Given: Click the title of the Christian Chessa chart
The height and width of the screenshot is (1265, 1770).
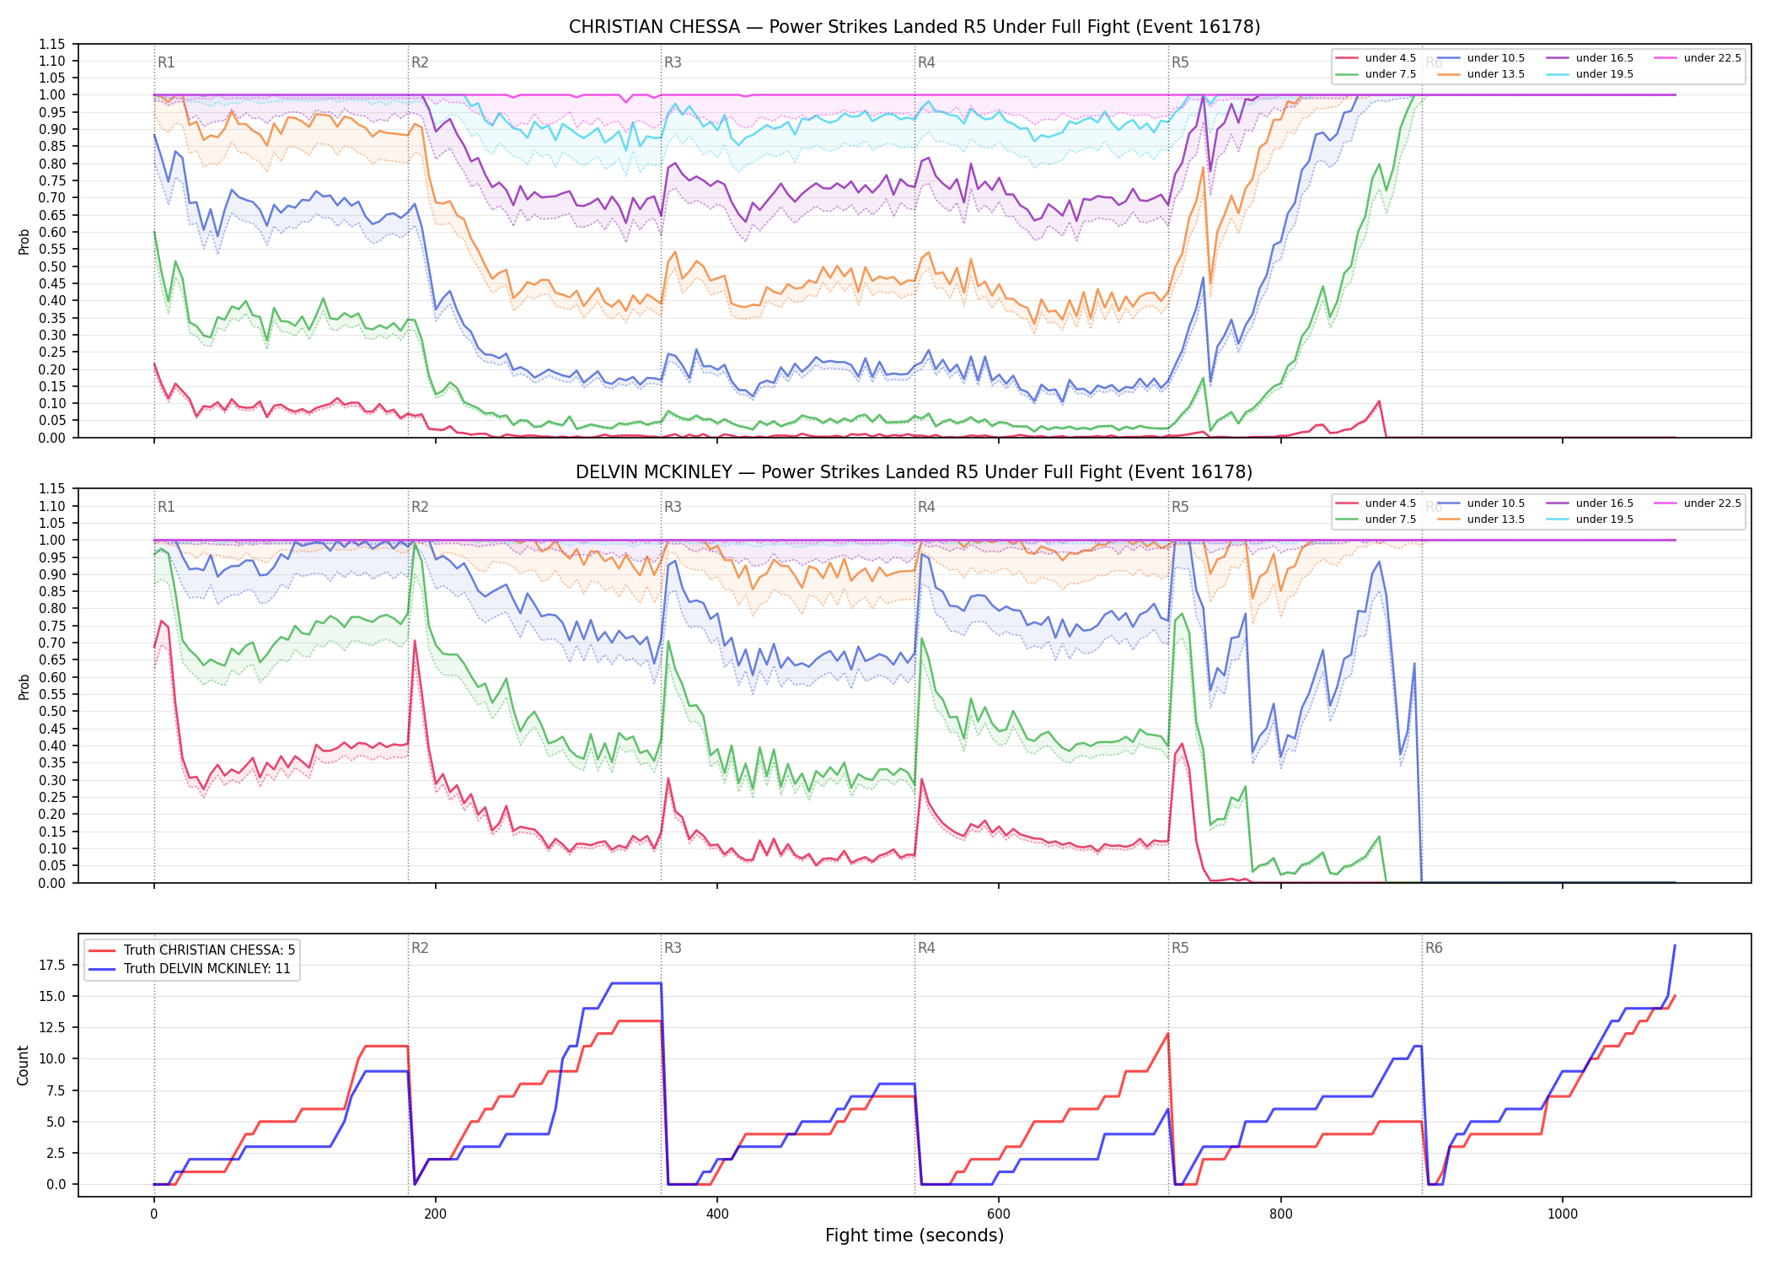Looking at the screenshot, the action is pyautogui.click(x=914, y=27).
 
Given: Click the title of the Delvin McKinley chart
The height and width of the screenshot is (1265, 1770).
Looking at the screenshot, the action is pyautogui.click(x=914, y=472).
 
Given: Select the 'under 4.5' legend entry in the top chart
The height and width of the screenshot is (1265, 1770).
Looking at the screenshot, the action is pyautogui.click(x=1376, y=58).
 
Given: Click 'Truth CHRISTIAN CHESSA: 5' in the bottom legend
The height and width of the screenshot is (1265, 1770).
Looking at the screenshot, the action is pyautogui.click(x=192, y=950).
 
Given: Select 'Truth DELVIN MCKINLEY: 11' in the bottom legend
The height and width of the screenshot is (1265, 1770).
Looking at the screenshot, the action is pyautogui.click(x=190, y=969).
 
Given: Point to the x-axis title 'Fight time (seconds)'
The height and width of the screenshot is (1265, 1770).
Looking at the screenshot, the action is pyautogui.click(x=914, y=1235).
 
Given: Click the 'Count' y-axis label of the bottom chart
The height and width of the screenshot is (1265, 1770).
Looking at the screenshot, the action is pyautogui.click(x=24, y=1065).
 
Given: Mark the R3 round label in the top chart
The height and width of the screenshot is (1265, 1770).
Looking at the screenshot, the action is pyautogui.click(x=673, y=62).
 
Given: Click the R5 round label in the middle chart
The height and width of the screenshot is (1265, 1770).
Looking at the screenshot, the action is pyautogui.click(x=1180, y=507).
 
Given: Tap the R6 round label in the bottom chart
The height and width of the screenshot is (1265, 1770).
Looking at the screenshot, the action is pyautogui.click(x=1434, y=948).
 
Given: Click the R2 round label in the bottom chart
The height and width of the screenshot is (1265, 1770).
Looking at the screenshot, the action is pyautogui.click(x=420, y=948).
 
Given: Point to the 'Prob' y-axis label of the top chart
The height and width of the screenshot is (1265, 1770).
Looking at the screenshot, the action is pyautogui.click(x=24, y=241).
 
